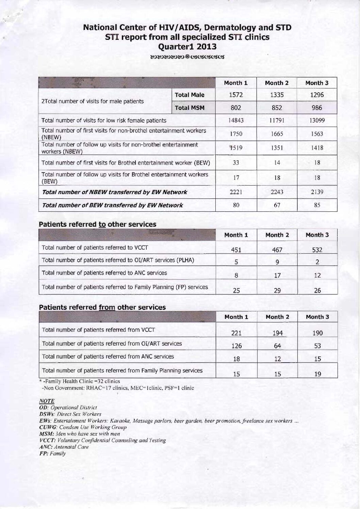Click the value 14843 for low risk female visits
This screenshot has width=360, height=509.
pos(236,120)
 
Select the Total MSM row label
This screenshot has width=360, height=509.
pos(190,108)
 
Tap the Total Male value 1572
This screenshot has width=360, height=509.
pos(236,95)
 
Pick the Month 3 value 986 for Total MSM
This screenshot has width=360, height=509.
pos(317,108)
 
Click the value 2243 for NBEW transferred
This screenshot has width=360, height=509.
pos(277,192)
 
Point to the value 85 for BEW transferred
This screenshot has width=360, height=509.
pos(317,205)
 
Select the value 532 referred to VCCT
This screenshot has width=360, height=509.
pos(317,250)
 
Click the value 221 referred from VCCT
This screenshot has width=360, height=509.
pos(236,333)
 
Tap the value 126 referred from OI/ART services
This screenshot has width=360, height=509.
pos(236,346)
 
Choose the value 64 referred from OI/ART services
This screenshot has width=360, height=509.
pos(278,346)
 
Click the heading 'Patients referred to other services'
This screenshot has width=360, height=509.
pos(98,224)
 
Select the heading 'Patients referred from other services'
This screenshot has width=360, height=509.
pos(102,307)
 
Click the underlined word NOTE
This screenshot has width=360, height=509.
pos(47,401)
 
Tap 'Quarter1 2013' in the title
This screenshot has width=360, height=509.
pos(187,46)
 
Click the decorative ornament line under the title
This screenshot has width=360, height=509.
pos(187,57)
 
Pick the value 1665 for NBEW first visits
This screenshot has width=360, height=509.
pos(277,134)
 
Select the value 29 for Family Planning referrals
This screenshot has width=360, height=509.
pos(278,290)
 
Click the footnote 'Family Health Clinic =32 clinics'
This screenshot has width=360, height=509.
pos(81,381)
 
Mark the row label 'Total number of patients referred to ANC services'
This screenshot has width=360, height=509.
pos(104,273)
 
